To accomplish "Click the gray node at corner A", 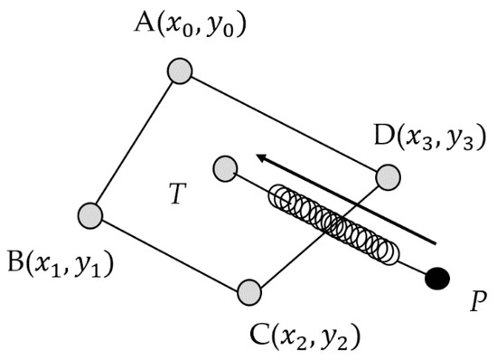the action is pos(180,71).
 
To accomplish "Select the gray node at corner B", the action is pos(90,215).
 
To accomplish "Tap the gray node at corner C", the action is pos(249,292).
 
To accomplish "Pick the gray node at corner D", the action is pos(388,177).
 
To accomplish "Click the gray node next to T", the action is pos(225,169).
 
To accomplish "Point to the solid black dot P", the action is pos(437,279).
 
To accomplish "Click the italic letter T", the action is pos(177,194).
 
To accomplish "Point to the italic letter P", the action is pos(478,301).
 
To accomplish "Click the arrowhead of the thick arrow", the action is pos(262,158).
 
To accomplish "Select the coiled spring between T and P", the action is pos(333,224).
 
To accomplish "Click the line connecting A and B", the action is pos(134,143).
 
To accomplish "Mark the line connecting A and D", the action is pos(284,124).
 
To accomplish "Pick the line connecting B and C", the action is pos(170,254).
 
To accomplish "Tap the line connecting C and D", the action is pos(319,235).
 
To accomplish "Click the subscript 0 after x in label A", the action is pos(187,32).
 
